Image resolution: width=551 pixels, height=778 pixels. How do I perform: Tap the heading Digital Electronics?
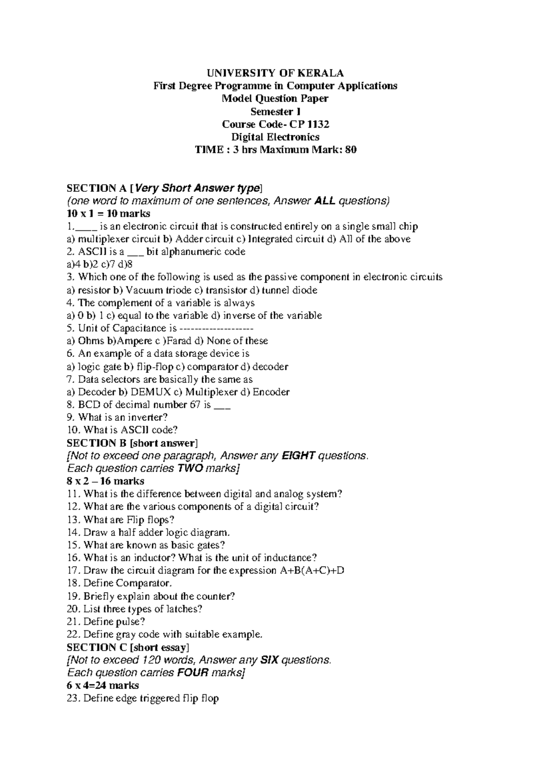[275, 137]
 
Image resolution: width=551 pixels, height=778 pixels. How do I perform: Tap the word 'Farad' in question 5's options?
[179, 341]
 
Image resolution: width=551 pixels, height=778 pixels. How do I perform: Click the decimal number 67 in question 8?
[195, 405]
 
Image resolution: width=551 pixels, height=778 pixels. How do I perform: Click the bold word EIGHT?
[298, 456]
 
